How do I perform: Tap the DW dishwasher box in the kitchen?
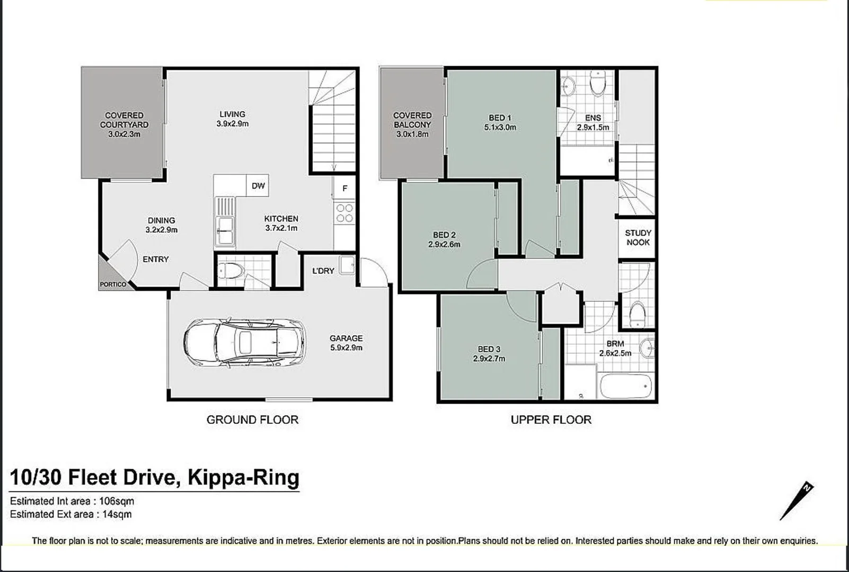(x=258, y=185)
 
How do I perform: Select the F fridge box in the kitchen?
(x=345, y=189)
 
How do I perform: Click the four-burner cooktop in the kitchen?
(x=344, y=213)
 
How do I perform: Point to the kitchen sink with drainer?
(x=225, y=222)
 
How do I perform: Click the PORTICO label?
(x=113, y=284)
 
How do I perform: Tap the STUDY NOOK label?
(x=638, y=237)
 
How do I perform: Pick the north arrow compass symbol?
(x=797, y=501)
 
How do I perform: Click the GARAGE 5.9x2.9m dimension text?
(x=346, y=347)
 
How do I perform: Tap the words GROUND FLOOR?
(x=252, y=419)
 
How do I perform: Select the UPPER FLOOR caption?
(x=551, y=419)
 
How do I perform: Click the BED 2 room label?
(x=444, y=235)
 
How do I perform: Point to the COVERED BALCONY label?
(x=412, y=120)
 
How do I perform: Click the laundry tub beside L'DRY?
(x=347, y=264)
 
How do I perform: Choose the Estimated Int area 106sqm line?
(x=72, y=501)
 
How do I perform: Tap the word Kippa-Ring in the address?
(x=244, y=477)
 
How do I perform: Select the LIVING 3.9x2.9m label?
(x=232, y=119)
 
